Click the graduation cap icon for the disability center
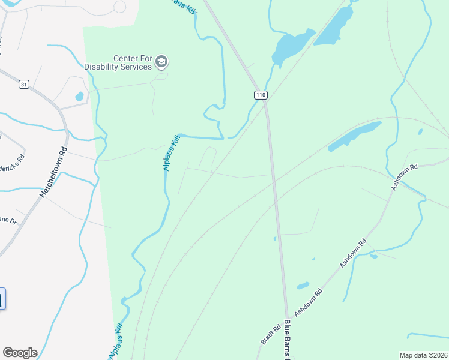(x=161, y=61)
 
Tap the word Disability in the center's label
(x=102, y=67)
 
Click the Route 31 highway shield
(x=23, y=84)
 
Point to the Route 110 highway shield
(x=260, y=95)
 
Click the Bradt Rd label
(x=271, y=335)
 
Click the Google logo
(x=20, y=353)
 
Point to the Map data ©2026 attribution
(x=423, y=355)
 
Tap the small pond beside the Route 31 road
(x=79, y=96)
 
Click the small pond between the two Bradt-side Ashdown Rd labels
(x=303, y=286)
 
